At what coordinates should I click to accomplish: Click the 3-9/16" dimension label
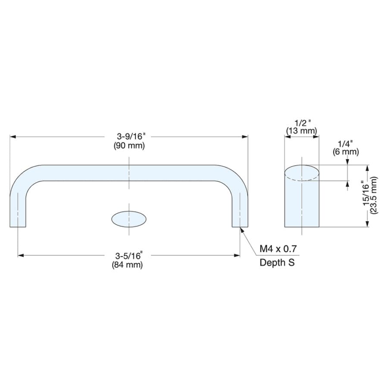[x=131, y=136]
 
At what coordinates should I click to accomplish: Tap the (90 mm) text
[x=129, y=146]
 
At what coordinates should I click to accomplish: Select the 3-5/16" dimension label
[x=129, y=255]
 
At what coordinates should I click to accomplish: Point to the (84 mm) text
[x=128, y=265]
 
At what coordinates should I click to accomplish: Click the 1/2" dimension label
[x=302, y=123]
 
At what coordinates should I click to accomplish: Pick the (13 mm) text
[x=302, y=131]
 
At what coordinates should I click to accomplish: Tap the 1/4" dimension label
[x=345, y=144]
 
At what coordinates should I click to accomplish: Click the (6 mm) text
[x=346, y=152]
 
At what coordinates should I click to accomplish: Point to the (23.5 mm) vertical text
[x=374, y=195]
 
